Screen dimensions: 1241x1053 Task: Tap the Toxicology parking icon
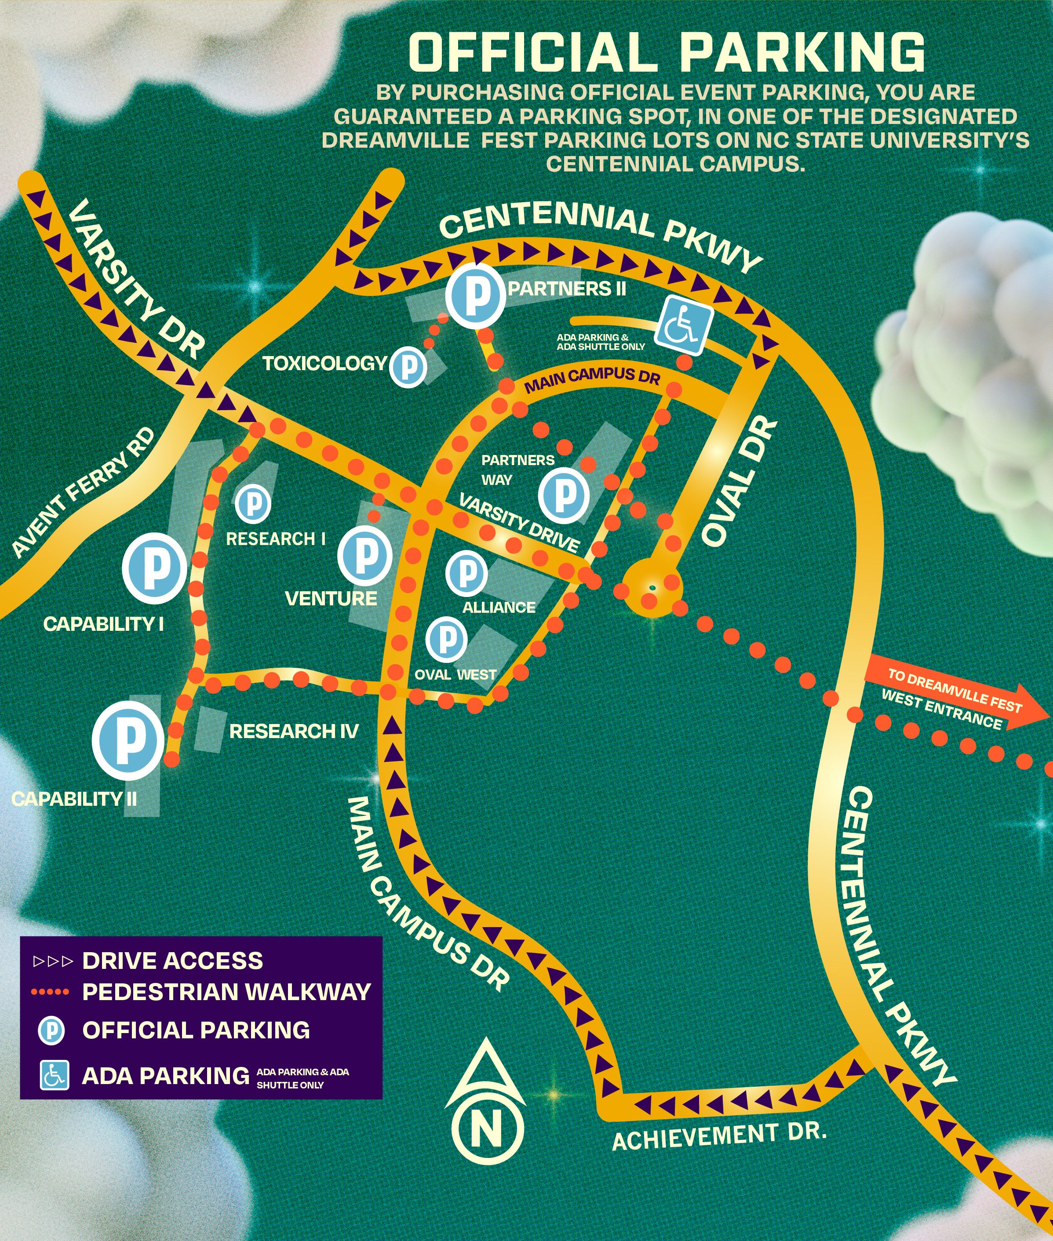(408, 366)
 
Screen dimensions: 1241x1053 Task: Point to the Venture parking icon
(365, 556)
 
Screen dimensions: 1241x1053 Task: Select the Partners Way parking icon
(564, 494)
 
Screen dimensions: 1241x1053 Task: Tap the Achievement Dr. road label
(719, 1136)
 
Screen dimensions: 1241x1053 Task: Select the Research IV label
(294, 731)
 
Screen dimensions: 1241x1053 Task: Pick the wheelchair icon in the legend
(55, 1076)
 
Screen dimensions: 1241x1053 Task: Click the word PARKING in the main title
(803, 52)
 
